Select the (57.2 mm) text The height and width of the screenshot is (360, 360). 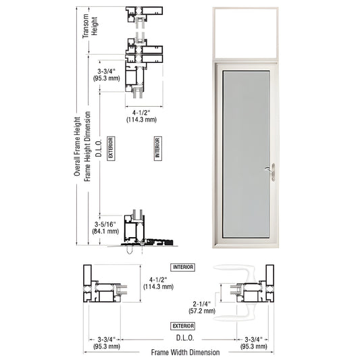pos(202,312)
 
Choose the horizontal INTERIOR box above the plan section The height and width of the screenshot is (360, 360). pos(182,267)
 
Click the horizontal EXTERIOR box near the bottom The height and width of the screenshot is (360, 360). pos(182,326)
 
